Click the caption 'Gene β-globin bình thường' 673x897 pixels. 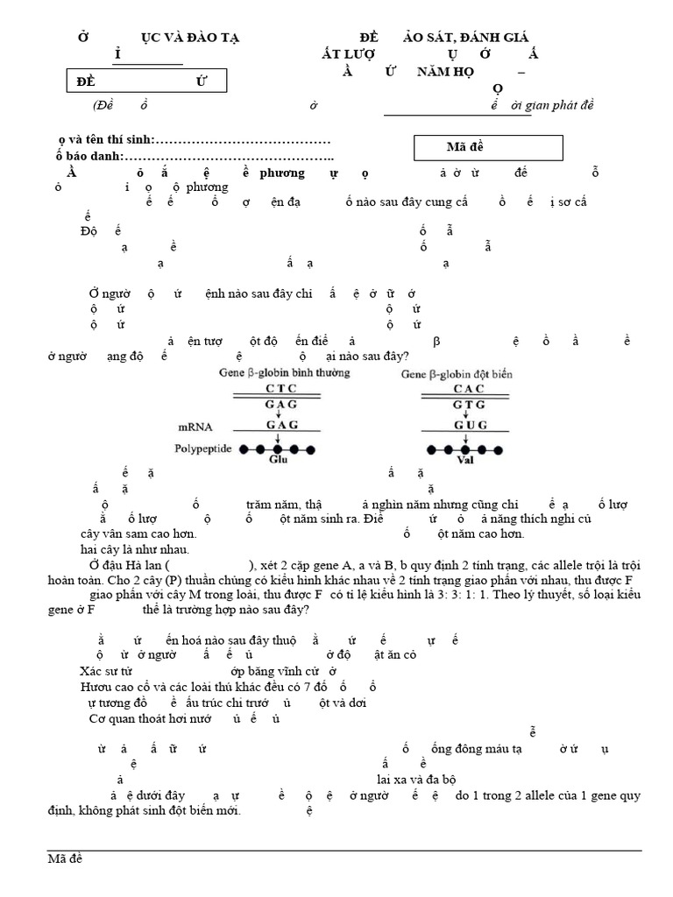pos(284,373)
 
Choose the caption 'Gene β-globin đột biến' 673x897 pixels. pos(457,373)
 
